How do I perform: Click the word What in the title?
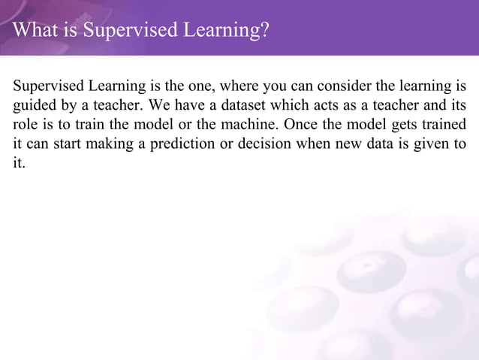coord(35,31)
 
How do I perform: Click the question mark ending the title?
coord(264,31)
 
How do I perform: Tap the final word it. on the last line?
coord(20,163)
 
